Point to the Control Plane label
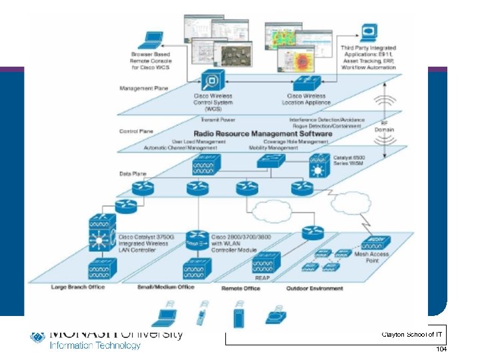pyautogui.click(x=136, y=131)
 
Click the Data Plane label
pyautogui.click(x=133, y=173)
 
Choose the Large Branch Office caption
pyautogui.click(x=78, y=288)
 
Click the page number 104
pyautogui.click(x=441, y=349)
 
